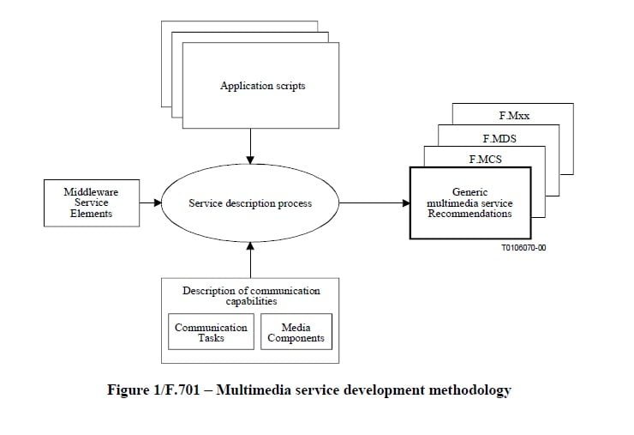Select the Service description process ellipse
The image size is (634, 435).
coord(249,203)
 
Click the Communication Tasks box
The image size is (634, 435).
coord(211,333)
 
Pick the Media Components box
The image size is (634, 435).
coord(296,333)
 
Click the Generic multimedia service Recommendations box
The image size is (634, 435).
coord(470,203)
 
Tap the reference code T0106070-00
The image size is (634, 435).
coord(523,247)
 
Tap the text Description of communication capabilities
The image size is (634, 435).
coord(250,296)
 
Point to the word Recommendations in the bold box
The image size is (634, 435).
coord(470,214)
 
